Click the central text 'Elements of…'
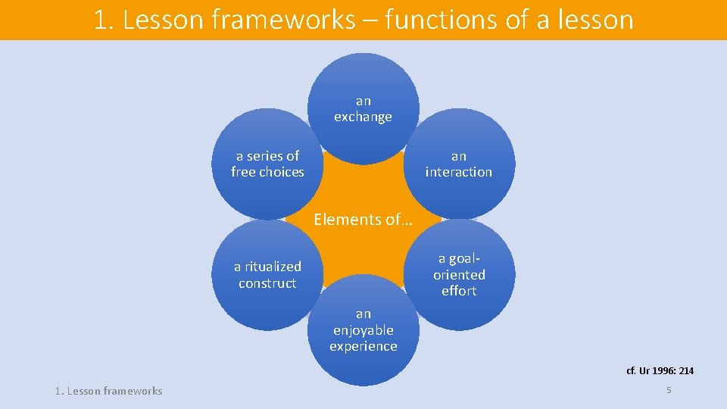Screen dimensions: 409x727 coord(363,220)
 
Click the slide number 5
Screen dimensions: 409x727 coord(669,389)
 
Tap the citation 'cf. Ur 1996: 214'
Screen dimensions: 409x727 coord(660,371)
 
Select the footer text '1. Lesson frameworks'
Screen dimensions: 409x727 coord(108,391)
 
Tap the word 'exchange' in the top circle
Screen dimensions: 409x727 coord(363,117)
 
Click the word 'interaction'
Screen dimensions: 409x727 coord(459,172)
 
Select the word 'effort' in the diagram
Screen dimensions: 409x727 coord(459,291)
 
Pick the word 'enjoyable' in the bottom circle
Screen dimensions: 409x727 coord(363,330)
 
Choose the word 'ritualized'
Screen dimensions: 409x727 coord(273,267)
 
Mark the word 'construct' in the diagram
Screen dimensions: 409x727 coord(267,283)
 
